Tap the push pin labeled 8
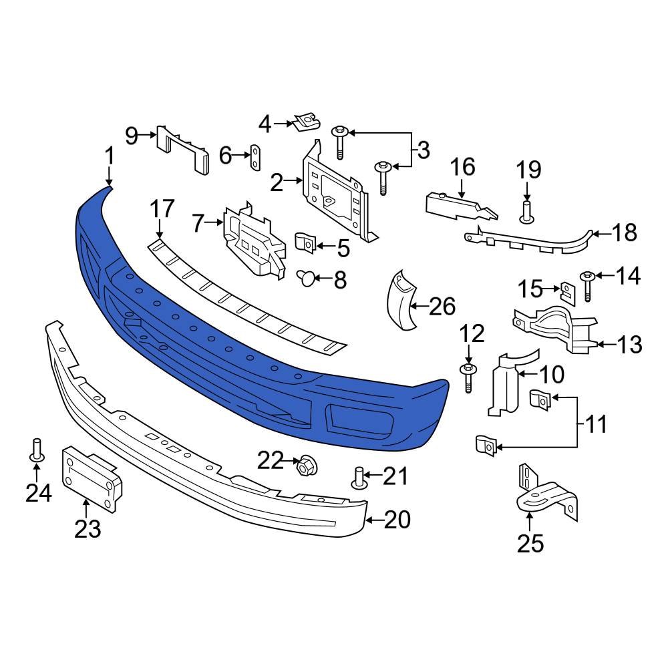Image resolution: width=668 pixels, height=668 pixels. click(306, 277)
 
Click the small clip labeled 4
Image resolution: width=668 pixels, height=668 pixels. click(305, 122)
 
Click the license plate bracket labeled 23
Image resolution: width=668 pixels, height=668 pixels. click(92, 476)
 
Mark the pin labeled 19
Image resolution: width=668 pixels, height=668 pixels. click(526, 212)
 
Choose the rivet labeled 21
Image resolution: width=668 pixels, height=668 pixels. click(359, 478)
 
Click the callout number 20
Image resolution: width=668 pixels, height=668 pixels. click(397, 519)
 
